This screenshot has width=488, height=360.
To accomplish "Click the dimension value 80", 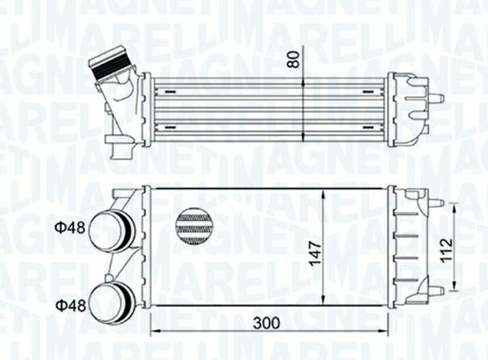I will pos(293,59).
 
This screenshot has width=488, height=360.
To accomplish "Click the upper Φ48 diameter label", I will pos(70,228).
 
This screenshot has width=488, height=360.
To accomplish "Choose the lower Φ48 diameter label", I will pos(70,305).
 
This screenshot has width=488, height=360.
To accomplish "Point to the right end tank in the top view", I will pos(407,108).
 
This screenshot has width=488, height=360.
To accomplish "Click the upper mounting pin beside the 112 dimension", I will pos(435,203).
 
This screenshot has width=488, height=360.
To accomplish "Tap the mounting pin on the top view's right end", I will pos(436,98).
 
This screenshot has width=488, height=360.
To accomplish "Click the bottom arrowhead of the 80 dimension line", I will pos(302,139).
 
